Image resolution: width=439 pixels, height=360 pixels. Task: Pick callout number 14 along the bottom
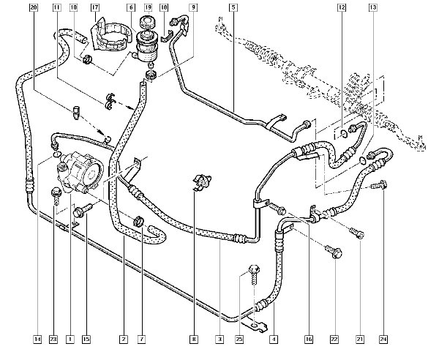tap(36, 339)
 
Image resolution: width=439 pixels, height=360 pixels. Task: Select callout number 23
tap(53, 339)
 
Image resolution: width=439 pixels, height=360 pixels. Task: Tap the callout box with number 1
tap(70, 339)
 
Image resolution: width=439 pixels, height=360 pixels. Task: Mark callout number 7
tap(141, 339)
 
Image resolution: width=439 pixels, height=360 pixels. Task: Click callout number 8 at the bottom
tap(194, 339)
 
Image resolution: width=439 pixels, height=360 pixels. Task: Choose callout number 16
tap(308, 339)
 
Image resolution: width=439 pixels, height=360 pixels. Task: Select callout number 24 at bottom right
tap(383, 339)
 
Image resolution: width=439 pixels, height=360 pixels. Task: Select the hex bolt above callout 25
tap(255, 271)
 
